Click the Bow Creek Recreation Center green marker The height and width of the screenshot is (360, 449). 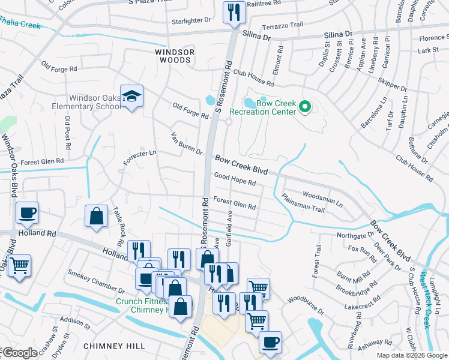click(x=304, y=108)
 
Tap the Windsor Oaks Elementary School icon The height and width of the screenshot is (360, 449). click(x=131, y=97)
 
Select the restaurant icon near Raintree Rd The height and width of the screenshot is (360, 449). click(x=233, y=12)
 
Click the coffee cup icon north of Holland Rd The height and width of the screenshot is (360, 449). click(x=27, y=212)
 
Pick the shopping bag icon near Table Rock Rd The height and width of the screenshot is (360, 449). click(x=96, y=215)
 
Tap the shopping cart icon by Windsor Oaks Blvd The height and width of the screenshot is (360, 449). click(x=20, y=265)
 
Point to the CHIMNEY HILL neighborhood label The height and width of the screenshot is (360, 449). click(x=114, y=346)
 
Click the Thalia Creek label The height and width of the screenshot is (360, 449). click(x=22, y=26)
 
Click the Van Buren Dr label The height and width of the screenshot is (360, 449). click(x=187, y=143)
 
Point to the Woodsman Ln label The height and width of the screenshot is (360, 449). click(x=322, y=199)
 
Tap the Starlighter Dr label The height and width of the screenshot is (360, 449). click(x=191, y=20)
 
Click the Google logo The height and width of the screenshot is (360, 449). click(x=20, y=353)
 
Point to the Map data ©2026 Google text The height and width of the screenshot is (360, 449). click(x=411, y=355)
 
